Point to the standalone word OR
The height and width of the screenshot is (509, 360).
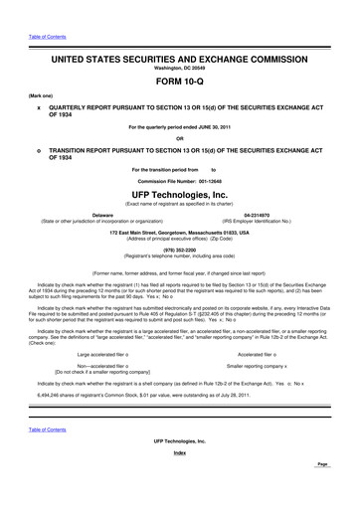pyautogui.click(x=180, y=138)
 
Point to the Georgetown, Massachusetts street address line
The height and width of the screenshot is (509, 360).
pyautogui.click(x=180, y=231)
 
